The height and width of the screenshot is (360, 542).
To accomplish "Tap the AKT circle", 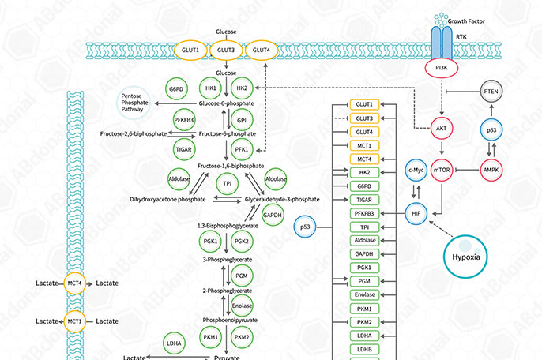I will tap(442, 128).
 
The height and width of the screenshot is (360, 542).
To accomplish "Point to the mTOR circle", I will tap(442, 171).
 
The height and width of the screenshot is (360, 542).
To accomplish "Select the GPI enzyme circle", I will tap(242, 120).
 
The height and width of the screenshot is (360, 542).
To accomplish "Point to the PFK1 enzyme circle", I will tap(242, 148).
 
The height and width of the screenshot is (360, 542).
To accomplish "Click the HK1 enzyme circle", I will tap(210, 88).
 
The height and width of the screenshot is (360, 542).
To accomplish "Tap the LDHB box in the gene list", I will tap(364, 350).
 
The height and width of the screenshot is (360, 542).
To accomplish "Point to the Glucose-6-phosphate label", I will tap(226, 103).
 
